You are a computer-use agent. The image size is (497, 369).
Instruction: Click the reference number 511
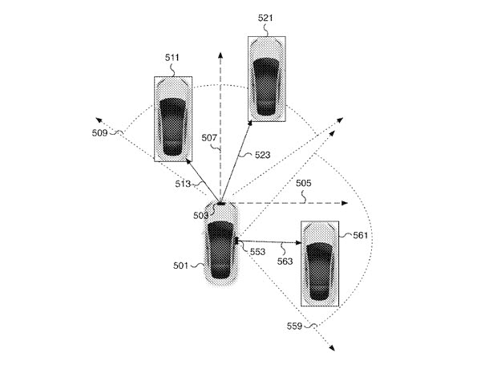(172, 58)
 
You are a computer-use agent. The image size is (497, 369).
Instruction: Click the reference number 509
(102, 133)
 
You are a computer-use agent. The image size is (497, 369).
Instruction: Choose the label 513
(184, 184)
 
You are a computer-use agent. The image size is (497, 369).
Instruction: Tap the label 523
(265, 154)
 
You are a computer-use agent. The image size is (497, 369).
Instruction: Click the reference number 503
(200, 215)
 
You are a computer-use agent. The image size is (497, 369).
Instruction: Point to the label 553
(257, 251)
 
